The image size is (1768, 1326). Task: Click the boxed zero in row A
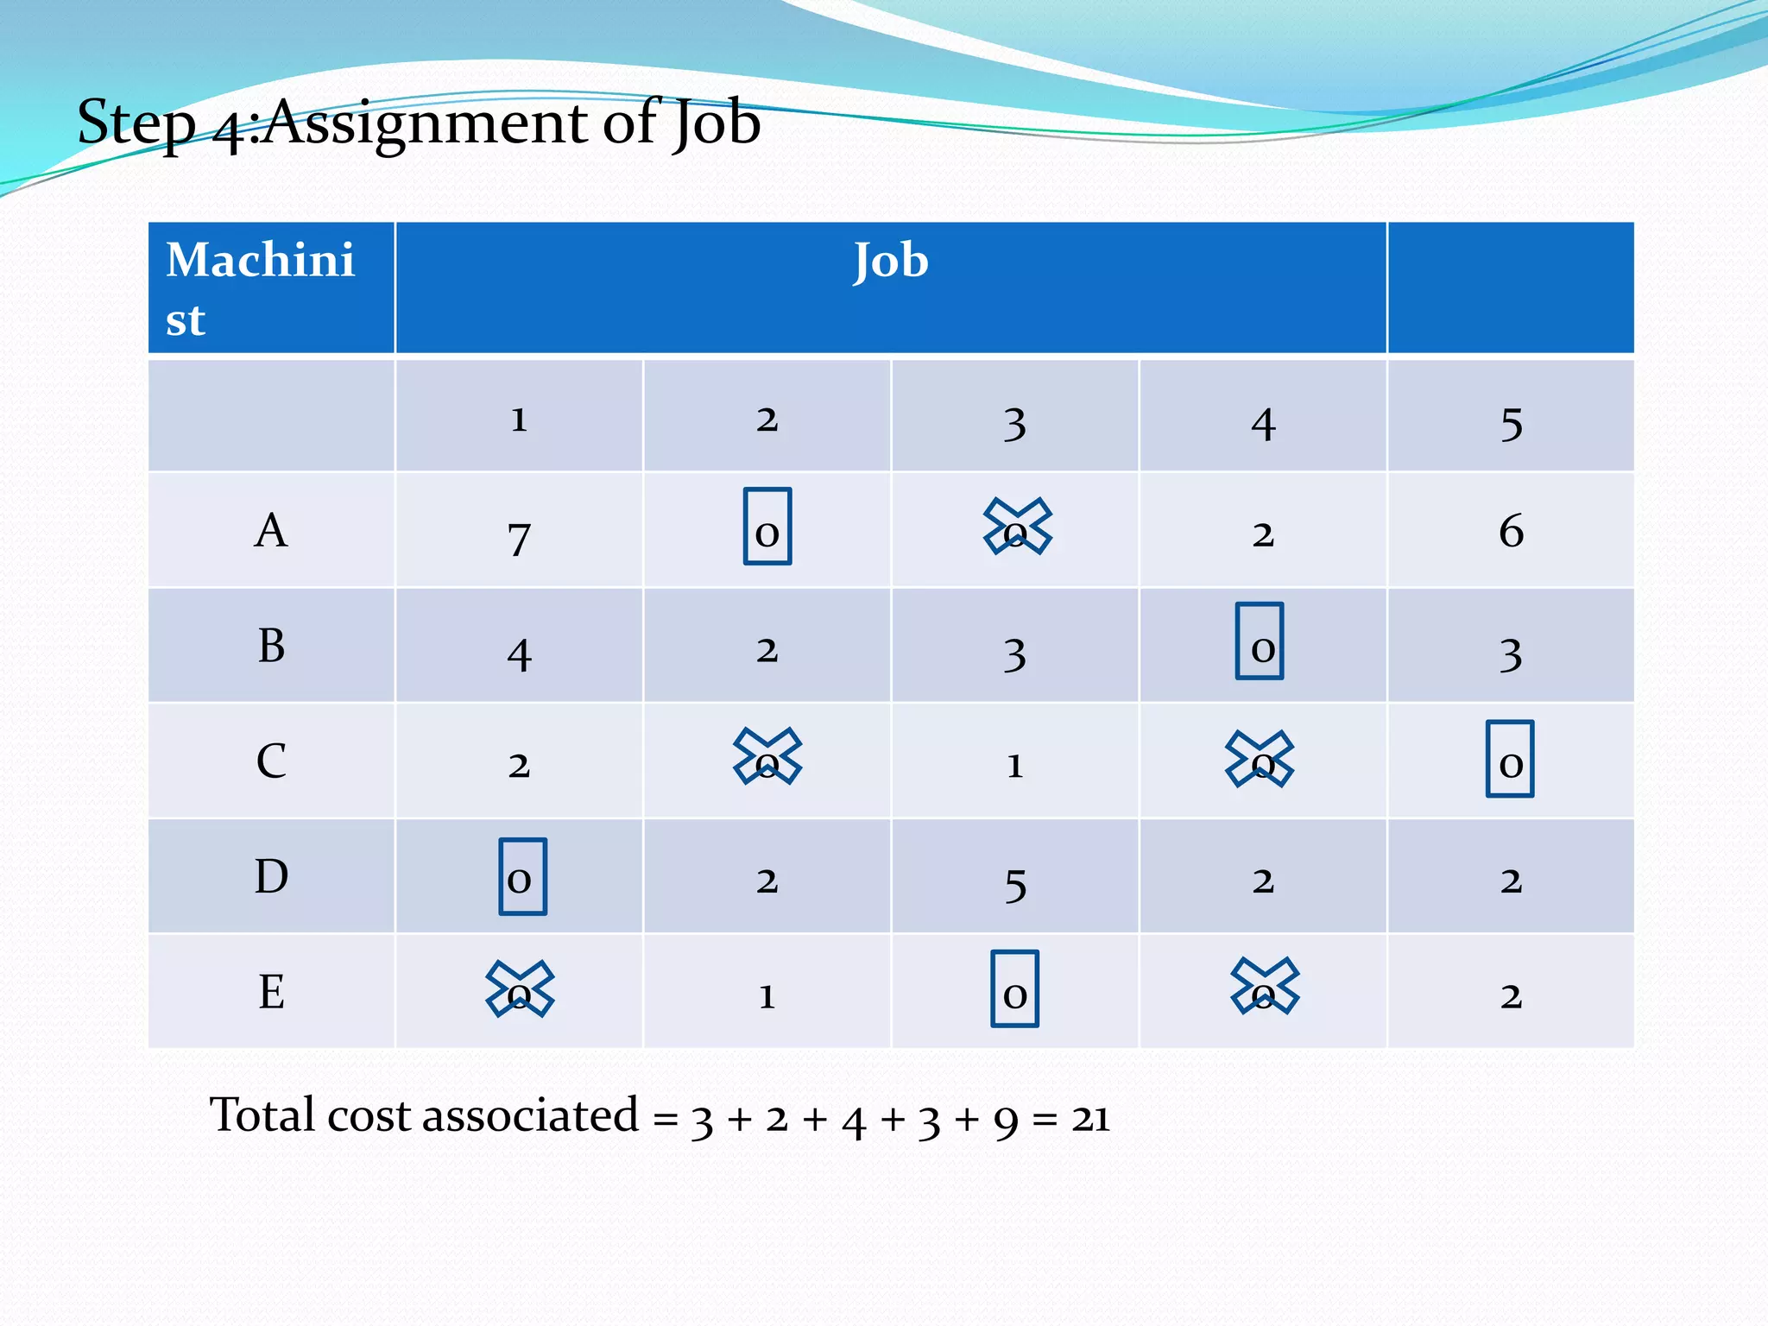[767, 527]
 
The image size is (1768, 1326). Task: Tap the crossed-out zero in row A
[1017, 527]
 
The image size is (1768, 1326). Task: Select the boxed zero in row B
[1260, 641]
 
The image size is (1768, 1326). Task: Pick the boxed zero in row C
[1510, 759]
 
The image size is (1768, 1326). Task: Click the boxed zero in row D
[522, 876]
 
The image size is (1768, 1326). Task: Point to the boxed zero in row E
[1014, 989]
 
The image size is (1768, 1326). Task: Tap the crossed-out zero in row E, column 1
[520, 989]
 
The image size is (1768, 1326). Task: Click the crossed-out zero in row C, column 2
[767, 757]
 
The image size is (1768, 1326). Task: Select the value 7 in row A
[519, 539]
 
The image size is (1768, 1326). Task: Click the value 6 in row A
[1511, 531]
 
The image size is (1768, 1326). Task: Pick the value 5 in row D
[1015, 885]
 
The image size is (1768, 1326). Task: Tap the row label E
[271, 992]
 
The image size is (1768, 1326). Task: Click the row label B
[271, 646]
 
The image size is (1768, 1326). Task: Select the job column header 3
[1015, 424]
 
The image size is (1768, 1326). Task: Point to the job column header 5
[1511, 424]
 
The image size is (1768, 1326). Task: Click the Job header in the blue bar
[891, 262]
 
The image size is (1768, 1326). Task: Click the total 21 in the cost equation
[1090, 1119]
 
